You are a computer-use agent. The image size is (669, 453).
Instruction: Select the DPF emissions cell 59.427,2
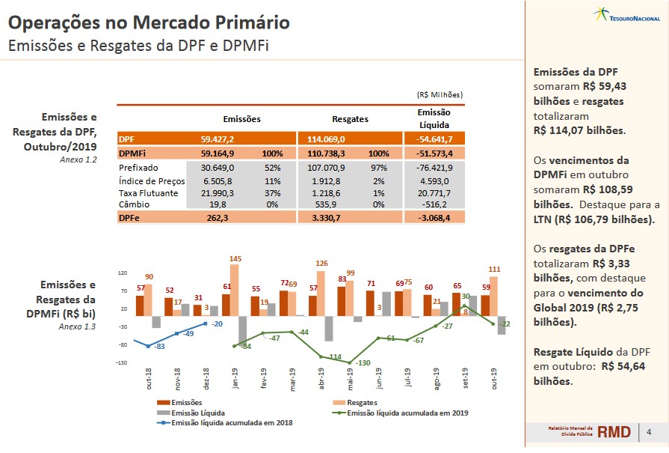point(218,139)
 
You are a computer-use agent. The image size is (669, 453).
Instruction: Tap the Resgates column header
point(350,119)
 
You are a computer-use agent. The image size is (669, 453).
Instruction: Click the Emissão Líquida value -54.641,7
point(434,139)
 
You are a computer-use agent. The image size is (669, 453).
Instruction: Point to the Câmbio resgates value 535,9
point(329,204)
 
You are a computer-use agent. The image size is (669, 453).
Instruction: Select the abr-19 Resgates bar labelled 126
point(322,294)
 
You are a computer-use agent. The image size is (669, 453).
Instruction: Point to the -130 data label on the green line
point(363,362)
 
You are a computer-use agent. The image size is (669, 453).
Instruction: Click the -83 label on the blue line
point(159,346)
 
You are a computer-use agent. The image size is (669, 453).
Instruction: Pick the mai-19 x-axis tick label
point(351,378)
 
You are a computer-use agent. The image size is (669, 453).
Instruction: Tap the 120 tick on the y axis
point(123,273)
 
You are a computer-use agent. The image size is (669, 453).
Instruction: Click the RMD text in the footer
point(614,432)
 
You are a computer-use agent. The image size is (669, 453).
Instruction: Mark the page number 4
point(648,432)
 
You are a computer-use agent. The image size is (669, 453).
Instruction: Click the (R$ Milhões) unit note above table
point(440,95)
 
